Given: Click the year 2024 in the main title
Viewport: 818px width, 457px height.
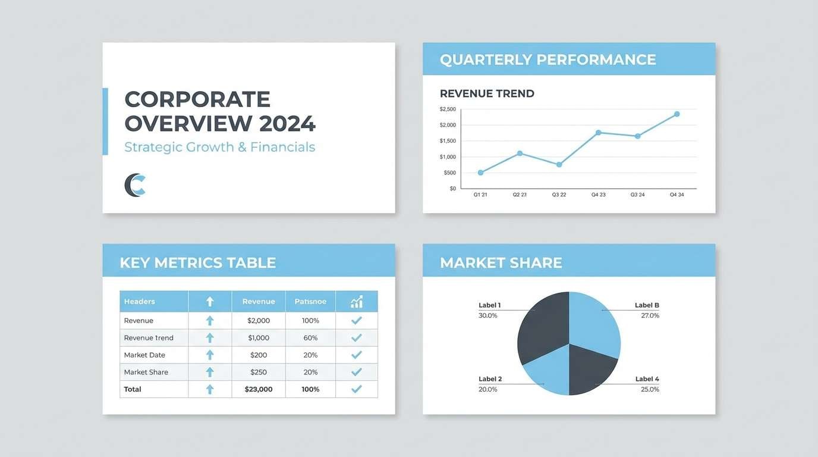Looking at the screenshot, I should [x=287, y=124].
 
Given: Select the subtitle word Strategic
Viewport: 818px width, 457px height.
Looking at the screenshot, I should [x=153, y=147].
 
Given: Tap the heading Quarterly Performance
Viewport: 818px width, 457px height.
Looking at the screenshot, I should [x=548, y=60].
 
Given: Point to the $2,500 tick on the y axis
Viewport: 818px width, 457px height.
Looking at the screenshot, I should [x=448, y=109].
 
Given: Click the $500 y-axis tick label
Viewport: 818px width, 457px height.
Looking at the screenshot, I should [x=449, y=173].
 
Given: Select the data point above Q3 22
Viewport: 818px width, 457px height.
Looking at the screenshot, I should [x=559, y=164].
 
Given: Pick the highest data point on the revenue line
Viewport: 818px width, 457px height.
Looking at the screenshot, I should [x=677, y=114].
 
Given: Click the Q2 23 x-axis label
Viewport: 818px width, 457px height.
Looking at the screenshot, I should [x=520, y=195].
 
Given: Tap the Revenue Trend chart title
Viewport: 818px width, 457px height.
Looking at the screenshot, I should [x=487, y=93].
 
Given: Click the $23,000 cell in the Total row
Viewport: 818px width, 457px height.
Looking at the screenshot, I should [x=259, y=389].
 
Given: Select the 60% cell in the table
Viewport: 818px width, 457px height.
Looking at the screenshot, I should [x=310, y=337].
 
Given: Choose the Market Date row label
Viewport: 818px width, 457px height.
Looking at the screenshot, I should [x=144, y=355].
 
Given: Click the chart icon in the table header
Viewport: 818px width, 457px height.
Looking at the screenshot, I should [x=356, y=302].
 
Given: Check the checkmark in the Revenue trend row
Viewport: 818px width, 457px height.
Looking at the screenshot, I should [x=356, y=337].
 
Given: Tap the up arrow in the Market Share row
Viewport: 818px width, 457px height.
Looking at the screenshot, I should [x=210, y=372].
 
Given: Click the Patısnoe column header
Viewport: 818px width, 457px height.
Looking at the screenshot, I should [x=310, y=302].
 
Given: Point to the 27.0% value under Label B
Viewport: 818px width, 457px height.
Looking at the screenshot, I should [x=650, y=315].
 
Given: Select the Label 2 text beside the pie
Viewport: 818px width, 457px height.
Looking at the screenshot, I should [x=490, y=379].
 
